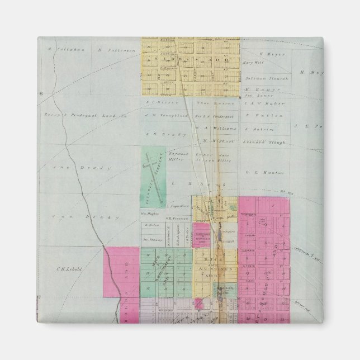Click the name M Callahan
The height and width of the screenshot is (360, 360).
[x=59, y=50]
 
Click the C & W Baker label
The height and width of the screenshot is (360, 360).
[x=265, y=103]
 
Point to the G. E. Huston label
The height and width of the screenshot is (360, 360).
[x=261, y=173]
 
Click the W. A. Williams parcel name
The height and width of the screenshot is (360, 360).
[x=220, y=128]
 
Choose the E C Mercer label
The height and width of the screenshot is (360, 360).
[x=158, y=102]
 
